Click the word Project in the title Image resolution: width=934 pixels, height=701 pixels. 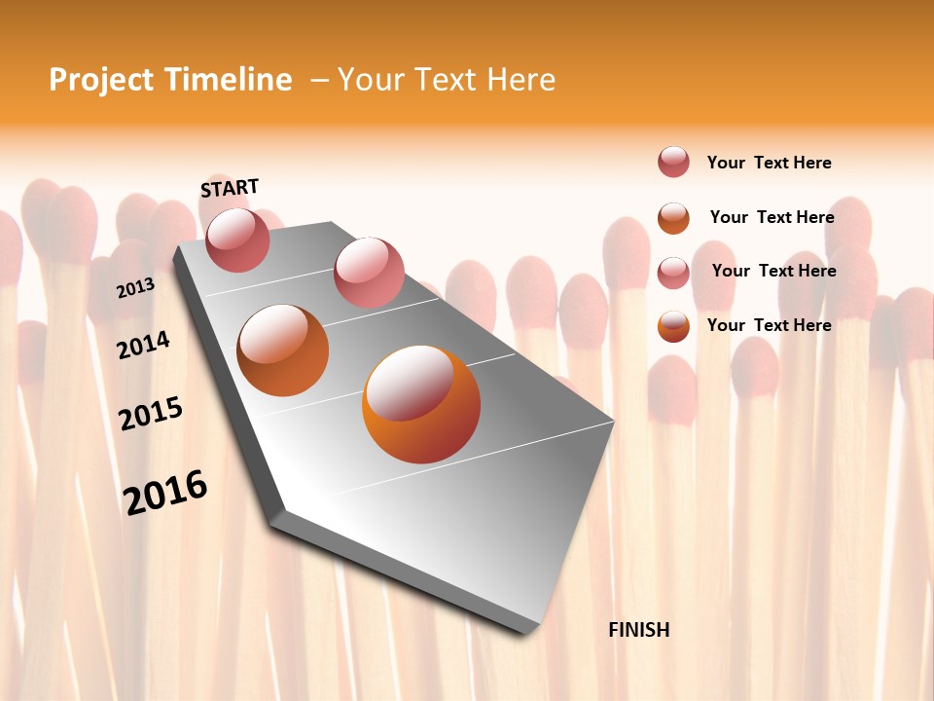pos(97,80)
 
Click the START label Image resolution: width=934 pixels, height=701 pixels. pos(230,188)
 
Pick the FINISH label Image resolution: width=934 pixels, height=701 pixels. pos(639,630)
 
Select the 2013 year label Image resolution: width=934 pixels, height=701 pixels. pos(135,288)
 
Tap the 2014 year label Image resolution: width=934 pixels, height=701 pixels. pos(144,345)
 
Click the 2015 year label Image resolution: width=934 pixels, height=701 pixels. pos(151,414)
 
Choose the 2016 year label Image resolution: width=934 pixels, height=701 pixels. pos(165,492)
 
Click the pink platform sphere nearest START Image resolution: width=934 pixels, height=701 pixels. pos(237,240)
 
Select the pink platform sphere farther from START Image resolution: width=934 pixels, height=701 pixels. pos(369,273)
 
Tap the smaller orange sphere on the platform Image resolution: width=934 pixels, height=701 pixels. pos(283,350)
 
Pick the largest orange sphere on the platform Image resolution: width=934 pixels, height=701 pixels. pos(421,404)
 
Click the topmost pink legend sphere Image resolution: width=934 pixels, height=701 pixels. pos(673,162)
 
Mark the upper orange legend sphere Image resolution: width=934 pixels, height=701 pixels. pos(673,217)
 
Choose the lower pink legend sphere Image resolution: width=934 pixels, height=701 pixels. pos(673,273)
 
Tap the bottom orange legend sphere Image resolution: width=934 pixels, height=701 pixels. pos(673,326)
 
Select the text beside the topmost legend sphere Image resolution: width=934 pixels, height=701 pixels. pos(770,163)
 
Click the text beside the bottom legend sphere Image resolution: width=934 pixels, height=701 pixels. pos(770,325)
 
